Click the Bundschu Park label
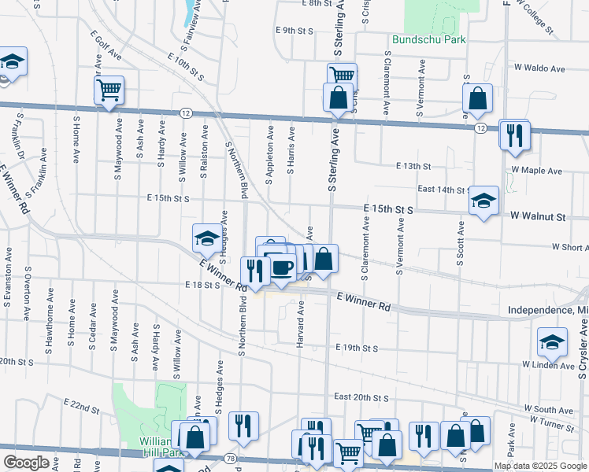[429, 39]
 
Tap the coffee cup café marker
[282, 267]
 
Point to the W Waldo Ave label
[539, 69]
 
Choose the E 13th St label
[413, 166]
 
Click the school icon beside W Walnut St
[483, 201]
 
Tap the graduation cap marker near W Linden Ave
[552, 342]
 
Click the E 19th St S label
[357, 348]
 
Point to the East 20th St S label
[361, 396]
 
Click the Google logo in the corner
[26, 463]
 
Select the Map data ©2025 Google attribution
[540, 466]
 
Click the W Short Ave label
[569, 247]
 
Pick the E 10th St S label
[186, 67]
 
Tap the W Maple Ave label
[536, 170]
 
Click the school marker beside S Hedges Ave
[206, 236]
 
